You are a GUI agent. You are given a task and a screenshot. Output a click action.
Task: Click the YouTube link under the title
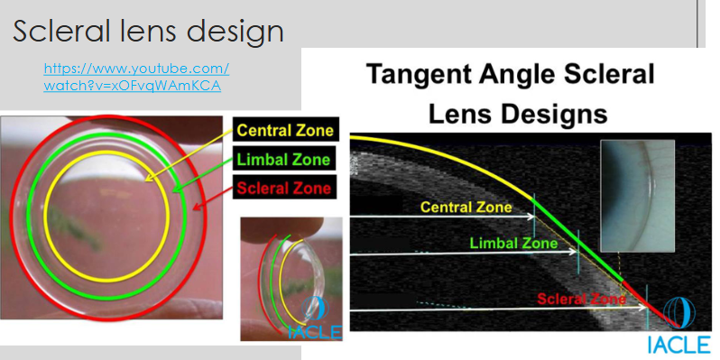[136, 77]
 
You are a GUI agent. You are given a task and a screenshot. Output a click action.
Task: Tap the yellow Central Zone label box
[283, 130]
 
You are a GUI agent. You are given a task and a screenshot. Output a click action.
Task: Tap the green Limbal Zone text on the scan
[513, 243]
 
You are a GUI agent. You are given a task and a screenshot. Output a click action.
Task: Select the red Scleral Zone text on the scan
[580, 299]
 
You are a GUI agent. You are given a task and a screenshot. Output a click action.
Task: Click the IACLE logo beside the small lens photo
[318, 321]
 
